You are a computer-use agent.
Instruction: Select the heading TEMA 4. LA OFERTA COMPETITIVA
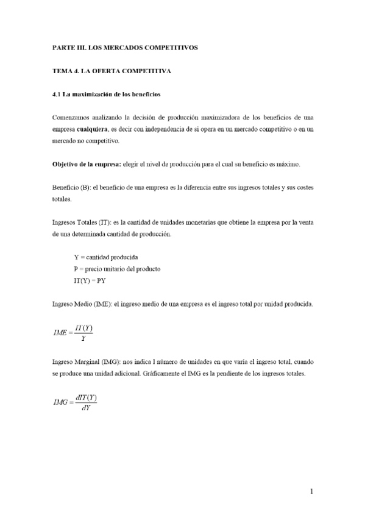[x=111, y=71]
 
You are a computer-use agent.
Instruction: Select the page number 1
[x=311, y=491]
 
